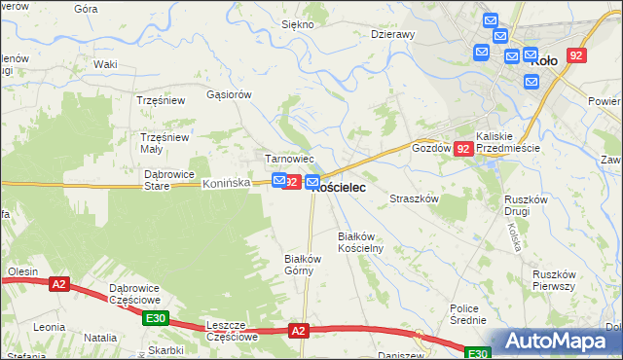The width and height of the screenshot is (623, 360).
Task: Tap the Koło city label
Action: point(545,60)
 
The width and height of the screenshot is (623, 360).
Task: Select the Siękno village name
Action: point(297,23)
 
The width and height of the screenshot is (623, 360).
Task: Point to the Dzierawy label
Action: point(393,33)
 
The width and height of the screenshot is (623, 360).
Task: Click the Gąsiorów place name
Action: point(230,94)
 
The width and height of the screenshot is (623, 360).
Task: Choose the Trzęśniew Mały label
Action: point(165,143)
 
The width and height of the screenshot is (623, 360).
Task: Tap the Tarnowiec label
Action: point(289,159)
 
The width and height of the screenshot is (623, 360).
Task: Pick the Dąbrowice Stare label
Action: point(170,179)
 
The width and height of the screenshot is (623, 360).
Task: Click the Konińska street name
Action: point(227,183)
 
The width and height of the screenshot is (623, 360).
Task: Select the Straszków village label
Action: point(416,198)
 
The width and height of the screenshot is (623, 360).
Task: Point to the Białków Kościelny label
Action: point(361,242)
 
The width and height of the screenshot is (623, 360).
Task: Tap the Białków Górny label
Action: point(302,265)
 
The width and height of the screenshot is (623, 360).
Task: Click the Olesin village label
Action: point(20,271)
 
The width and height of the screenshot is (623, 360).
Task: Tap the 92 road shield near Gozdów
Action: point(463,149)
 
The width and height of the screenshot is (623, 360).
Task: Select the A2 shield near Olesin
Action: point(59,284)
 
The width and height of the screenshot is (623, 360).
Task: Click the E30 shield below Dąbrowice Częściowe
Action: point(155,317)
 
